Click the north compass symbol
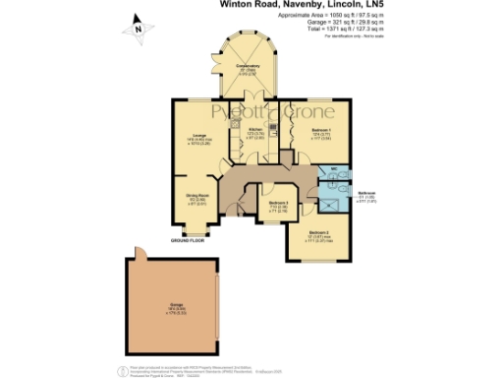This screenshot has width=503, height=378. coord(139,31)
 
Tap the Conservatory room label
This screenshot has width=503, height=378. coord(246,68)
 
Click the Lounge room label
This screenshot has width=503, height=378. coord(197,137)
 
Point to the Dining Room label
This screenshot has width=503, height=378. coord(196,196)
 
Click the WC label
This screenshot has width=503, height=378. coord(334,168)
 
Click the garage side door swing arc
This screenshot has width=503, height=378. coord(140,253)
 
